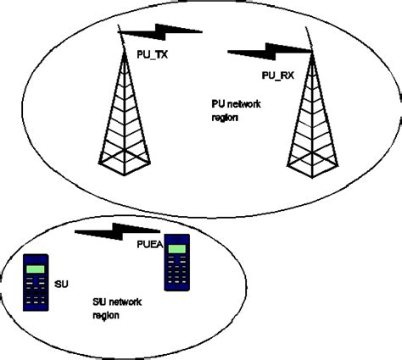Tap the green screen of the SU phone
(x=35, y=269)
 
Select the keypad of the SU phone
(x=35, y=295)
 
